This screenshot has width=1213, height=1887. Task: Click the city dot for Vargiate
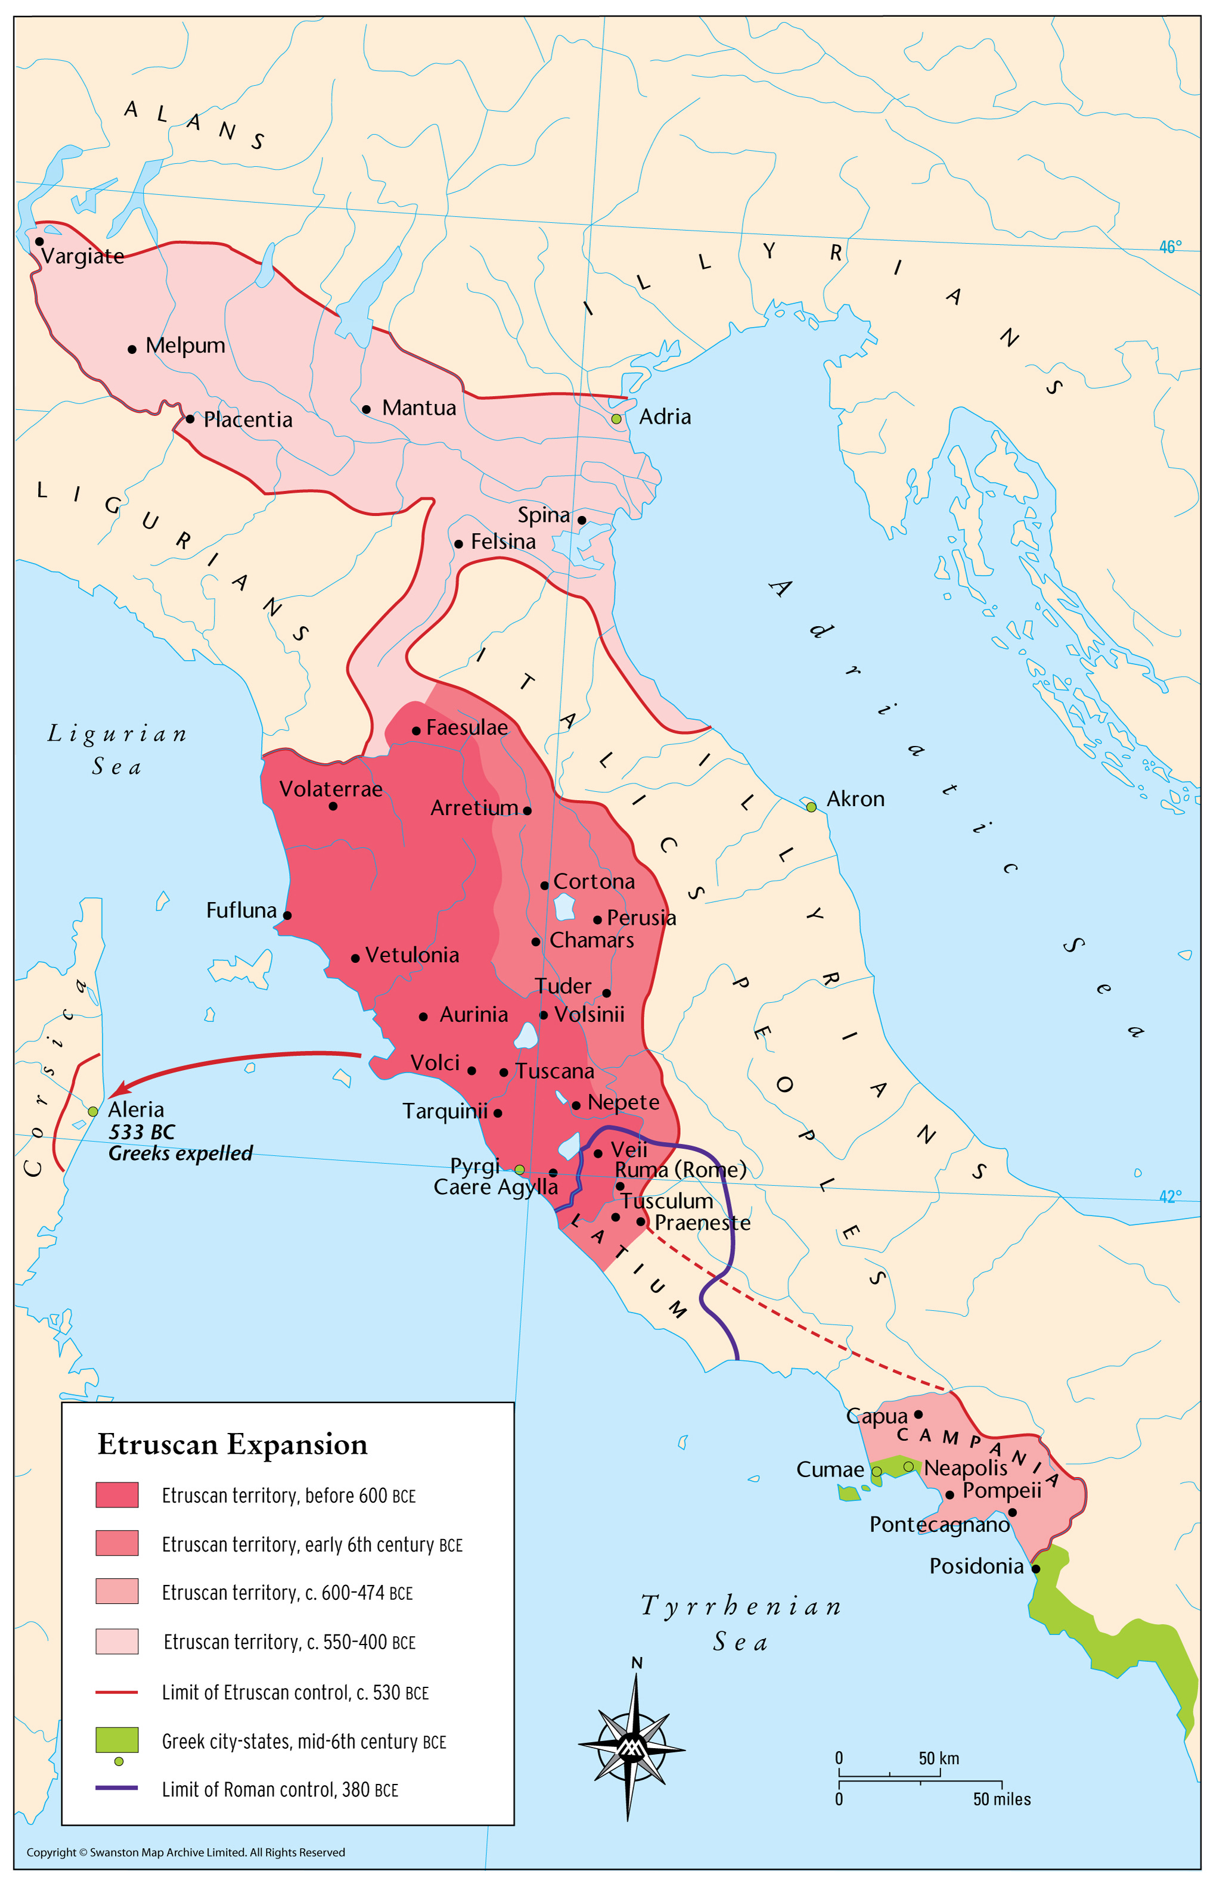39,241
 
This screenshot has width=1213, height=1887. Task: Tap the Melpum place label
185,346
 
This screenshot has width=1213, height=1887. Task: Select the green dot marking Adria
616,419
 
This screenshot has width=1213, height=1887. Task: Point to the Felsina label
502,542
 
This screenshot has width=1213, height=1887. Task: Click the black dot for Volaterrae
333,806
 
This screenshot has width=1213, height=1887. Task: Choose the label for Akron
855,799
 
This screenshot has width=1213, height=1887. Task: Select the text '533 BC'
142,1132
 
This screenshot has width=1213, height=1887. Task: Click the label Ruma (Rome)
681,1170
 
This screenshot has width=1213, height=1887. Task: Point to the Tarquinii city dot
498,1113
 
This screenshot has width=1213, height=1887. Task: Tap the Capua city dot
917,1415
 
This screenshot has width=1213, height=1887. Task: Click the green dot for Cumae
876,1471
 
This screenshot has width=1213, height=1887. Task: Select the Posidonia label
976,1566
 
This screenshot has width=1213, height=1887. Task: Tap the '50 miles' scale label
1001,1799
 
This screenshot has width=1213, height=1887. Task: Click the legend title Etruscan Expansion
232,1444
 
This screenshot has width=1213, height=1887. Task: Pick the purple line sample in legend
117,1788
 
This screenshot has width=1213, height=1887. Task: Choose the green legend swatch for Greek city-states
117,1740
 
